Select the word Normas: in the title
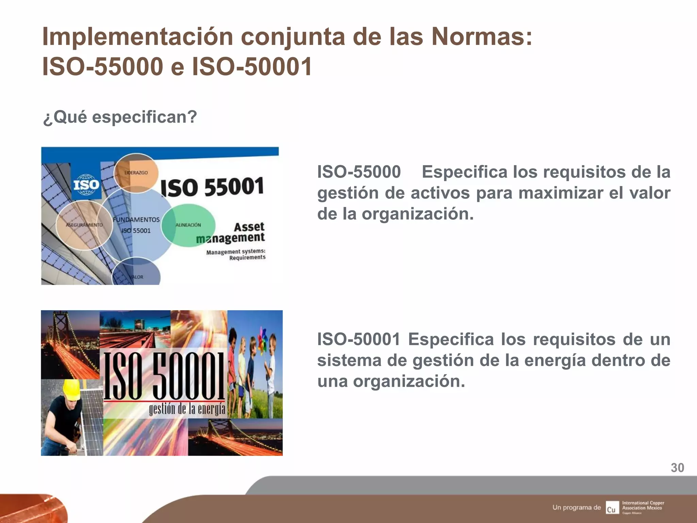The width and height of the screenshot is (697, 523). [482, 37]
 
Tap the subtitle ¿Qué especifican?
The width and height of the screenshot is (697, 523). [120, 117]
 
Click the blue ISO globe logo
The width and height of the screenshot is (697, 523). [86, 185]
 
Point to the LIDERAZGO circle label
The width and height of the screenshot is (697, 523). [136, 173]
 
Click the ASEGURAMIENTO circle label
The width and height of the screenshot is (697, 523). [84, 225]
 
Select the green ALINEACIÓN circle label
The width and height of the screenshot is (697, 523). [188, 225]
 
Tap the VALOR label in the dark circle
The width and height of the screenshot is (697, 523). [136, 277]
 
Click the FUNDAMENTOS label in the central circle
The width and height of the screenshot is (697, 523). [136, 220]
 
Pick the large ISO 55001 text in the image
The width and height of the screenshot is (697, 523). [212, 187]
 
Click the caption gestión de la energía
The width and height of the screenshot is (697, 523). [187, 409]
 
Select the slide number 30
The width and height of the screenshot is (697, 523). [677, 468]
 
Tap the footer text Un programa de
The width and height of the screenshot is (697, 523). [577, 507]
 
